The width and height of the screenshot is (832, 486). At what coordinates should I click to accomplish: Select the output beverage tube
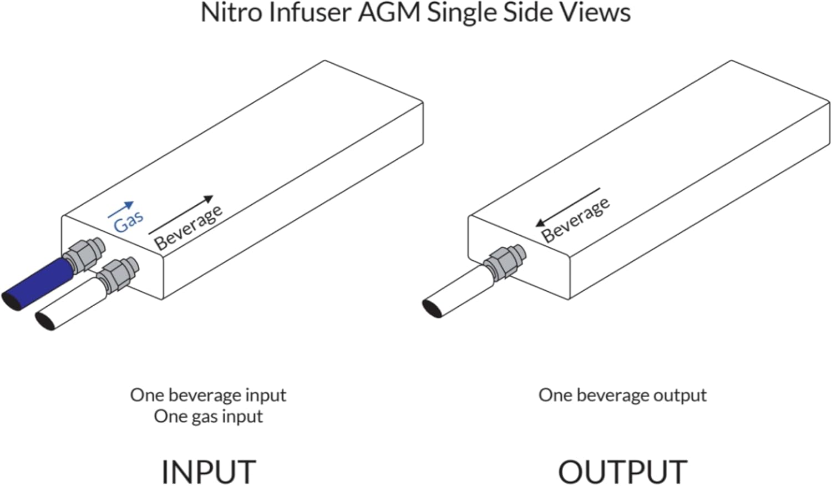460,292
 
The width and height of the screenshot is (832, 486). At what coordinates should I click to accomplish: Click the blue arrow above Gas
121,209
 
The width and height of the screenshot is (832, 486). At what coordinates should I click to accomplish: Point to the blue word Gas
129,222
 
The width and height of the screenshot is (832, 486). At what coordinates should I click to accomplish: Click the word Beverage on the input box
189,228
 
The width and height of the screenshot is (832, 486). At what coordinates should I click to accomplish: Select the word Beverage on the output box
575,220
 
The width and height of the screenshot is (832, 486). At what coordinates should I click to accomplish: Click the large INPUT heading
209,472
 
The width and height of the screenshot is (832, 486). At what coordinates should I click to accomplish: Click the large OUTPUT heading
622,472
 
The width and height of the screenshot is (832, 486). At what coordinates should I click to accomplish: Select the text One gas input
208,417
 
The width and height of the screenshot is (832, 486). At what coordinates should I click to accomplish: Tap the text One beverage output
622,395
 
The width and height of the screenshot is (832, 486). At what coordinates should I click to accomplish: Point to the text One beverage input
208,395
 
